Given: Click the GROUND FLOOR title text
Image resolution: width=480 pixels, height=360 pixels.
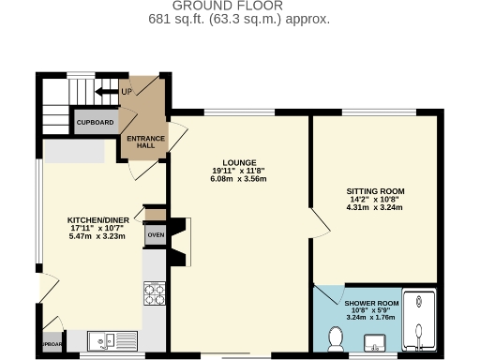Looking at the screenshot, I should [239, 6].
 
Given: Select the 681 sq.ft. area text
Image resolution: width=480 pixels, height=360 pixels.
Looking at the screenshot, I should [239, 18].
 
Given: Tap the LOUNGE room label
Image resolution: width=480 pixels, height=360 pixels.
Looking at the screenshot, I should [240, 162].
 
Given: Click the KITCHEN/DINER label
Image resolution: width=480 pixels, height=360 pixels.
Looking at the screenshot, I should [91, 221].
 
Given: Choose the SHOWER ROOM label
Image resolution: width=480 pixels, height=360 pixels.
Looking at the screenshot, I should [372, 304].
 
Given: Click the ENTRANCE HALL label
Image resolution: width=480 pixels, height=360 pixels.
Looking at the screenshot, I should [145, 141].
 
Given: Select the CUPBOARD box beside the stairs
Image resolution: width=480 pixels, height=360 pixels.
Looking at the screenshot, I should [95, 123].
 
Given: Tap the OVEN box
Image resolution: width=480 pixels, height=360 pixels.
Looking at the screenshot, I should [155, 235].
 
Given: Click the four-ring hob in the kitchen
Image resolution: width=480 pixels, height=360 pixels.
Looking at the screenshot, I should [154, 295].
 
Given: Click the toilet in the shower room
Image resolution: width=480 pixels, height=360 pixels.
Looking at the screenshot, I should [336, 337].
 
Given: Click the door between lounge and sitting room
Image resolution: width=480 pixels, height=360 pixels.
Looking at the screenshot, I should [319, 224].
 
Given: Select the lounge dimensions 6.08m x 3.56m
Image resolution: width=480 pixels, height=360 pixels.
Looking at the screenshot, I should [240, 178].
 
